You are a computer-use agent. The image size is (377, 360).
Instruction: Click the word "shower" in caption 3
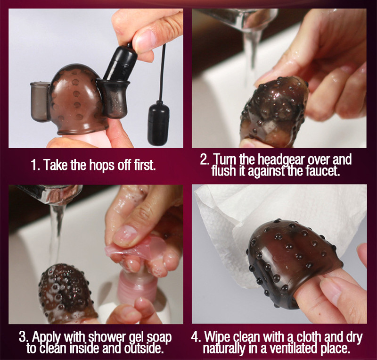click(x=107, y=338)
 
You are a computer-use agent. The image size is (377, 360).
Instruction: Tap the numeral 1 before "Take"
click(x=34, y=165)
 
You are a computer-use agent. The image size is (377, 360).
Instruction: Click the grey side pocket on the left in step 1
click(x=39, y=101)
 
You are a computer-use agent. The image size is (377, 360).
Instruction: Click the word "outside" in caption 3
click(x=144, y=348)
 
